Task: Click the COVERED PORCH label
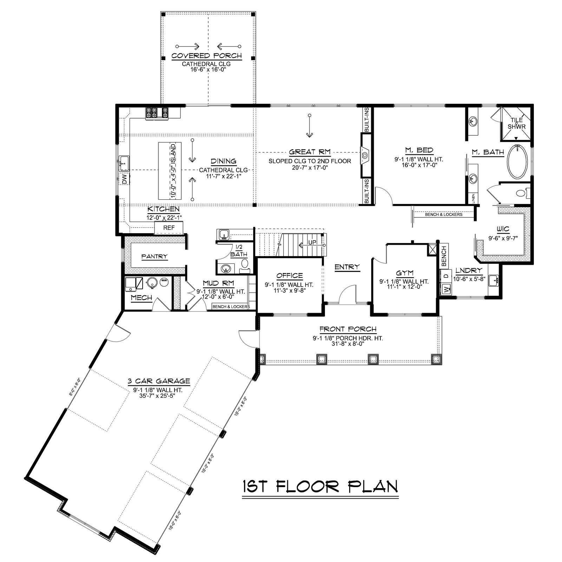tap(207, 56)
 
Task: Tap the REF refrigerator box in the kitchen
tap(169, 228)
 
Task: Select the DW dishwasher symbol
tap(124, 179)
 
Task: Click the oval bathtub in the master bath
tap(517, 161)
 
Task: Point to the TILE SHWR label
tap(516, 123)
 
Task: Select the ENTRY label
tap(347, 267)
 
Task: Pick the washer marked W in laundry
tap(446, 290)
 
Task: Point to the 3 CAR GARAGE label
tap(159, 381)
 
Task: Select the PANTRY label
tap(155, 256)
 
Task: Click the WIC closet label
tap(503, 229)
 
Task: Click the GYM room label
tap(404, 273)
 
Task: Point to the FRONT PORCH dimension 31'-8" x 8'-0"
tap(348, 344)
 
